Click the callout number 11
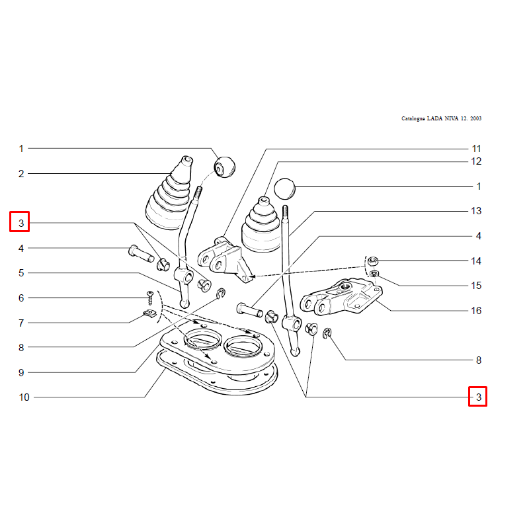(x=476, y=149)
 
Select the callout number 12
(x=476, y=161)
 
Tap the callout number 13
(x=476, y=211)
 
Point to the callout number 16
(x=476, y=311)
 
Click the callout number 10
(x=24, y=397)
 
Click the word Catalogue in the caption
(x=413, y=119)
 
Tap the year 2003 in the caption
(x=475, y=118)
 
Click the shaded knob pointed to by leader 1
(x=225, y=167)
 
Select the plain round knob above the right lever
(x=285, y=189)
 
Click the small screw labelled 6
(x=150, y=298)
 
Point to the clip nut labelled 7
(x=149, y=313)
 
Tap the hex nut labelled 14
(x=372, y=261)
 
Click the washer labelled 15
(x=374, y=273)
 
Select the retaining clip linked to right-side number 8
(x=327, y=334)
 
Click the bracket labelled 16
(x=341, y=296)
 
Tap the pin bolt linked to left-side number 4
(x=142, y=255)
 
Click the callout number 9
(x=21, y=373)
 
